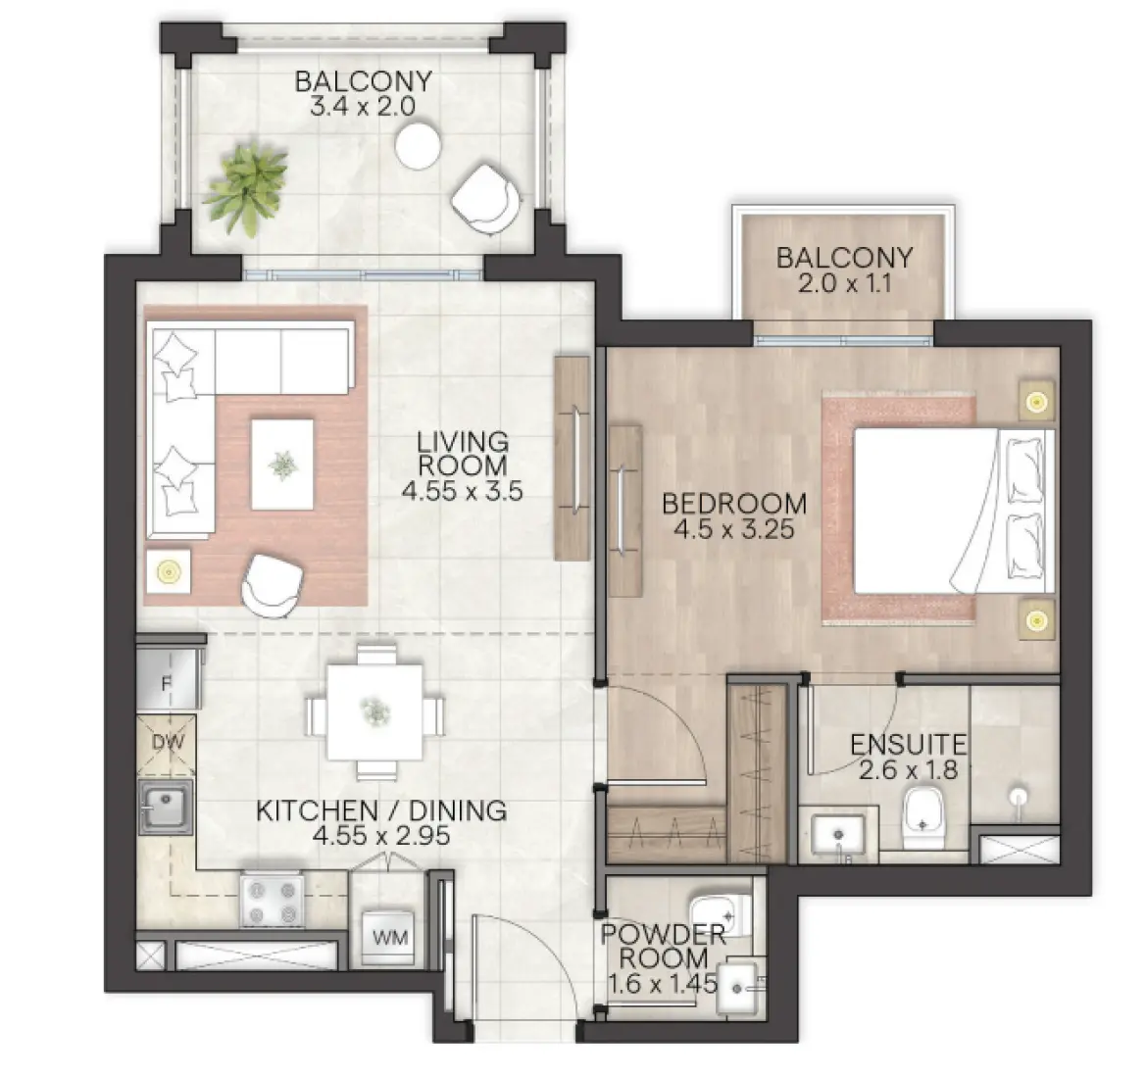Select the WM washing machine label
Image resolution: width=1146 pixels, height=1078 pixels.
click(388, 937)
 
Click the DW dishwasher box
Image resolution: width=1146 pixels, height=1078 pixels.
click(168, 742)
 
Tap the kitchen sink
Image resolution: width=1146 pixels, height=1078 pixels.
click(165, 808)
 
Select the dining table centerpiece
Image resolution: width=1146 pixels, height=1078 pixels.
click(374, 710)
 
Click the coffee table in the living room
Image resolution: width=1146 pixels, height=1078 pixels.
click(282, 464)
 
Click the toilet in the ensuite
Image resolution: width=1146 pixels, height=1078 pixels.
click(922, 817)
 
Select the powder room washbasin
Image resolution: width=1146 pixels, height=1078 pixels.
click(740, 989)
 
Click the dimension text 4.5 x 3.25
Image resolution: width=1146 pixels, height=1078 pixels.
click(733, 530)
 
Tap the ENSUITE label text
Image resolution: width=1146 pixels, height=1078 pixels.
click(908, 744)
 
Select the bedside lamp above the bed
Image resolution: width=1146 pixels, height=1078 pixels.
click(1034, 400)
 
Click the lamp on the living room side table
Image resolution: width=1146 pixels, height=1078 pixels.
click(169, 568)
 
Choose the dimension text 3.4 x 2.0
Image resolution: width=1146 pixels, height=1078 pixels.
click(364, 107)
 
